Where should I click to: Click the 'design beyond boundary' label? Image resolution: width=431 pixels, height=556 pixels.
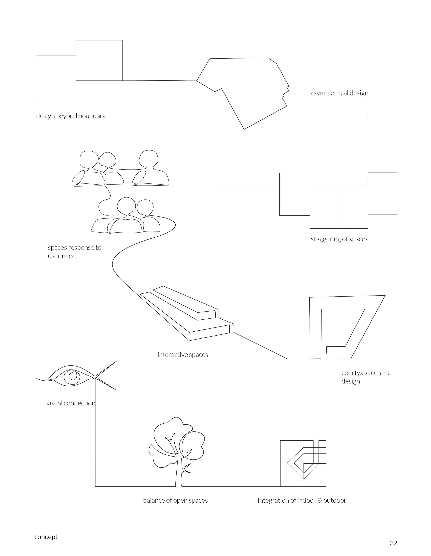[71, 116]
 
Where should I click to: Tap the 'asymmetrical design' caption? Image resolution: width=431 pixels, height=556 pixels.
[339, 93]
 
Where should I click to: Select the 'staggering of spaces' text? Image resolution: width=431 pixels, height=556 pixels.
[339, 239]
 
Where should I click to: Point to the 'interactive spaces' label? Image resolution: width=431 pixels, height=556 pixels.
[183, 355]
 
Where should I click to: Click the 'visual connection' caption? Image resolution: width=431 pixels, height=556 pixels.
[71, 403]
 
